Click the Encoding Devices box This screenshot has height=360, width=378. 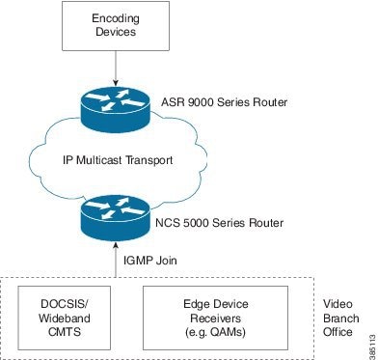(x=115, y=26)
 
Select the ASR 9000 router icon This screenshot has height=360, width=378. (x=115, y=102)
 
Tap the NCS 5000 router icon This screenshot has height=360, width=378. (x=115, y=220)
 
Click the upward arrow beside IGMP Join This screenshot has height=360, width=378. (x=115, y=262)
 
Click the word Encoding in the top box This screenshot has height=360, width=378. (x=115, y=19)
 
